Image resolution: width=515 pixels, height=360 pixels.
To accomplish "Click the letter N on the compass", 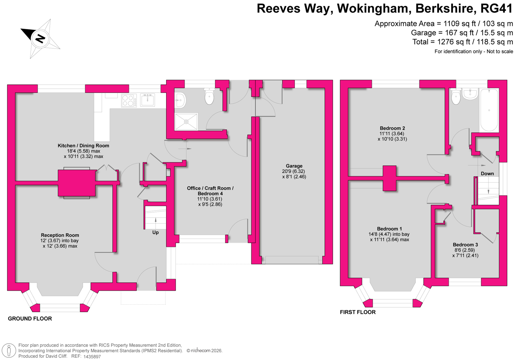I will click(x=40, y=39).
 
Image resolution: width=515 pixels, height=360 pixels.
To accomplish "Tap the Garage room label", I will click(x=294, y=166).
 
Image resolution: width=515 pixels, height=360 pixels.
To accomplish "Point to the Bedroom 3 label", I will click(x=465, y=245).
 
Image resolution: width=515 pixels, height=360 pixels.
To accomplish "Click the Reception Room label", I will click(x=60, y=235).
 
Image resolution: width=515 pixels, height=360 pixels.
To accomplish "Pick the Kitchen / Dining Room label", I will click(x=83, y=146).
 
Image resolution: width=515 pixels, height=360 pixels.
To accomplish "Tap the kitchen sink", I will click(x=147, y=100).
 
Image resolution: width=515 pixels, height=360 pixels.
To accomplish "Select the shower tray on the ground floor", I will click(x=186, y=122).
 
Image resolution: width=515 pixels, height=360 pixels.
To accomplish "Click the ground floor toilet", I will click(x=209, y=97).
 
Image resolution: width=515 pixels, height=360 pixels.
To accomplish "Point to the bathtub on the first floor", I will click(x=489, y=110).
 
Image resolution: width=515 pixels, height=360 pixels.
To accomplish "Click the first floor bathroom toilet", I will click(x=456, y=97).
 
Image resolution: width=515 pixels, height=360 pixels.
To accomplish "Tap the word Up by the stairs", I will click(x=155, y=232).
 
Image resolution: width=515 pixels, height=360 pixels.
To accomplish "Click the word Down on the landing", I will click(x=487, y=174).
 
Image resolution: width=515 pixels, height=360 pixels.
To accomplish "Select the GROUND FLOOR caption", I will click(x=30, y=319).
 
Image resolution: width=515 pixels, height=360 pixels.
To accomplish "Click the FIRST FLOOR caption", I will click(x=358, y=312).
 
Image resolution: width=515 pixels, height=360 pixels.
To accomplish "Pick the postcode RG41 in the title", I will click(x=496, y=9).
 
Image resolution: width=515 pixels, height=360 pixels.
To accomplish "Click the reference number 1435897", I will click(x=92, y=357).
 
